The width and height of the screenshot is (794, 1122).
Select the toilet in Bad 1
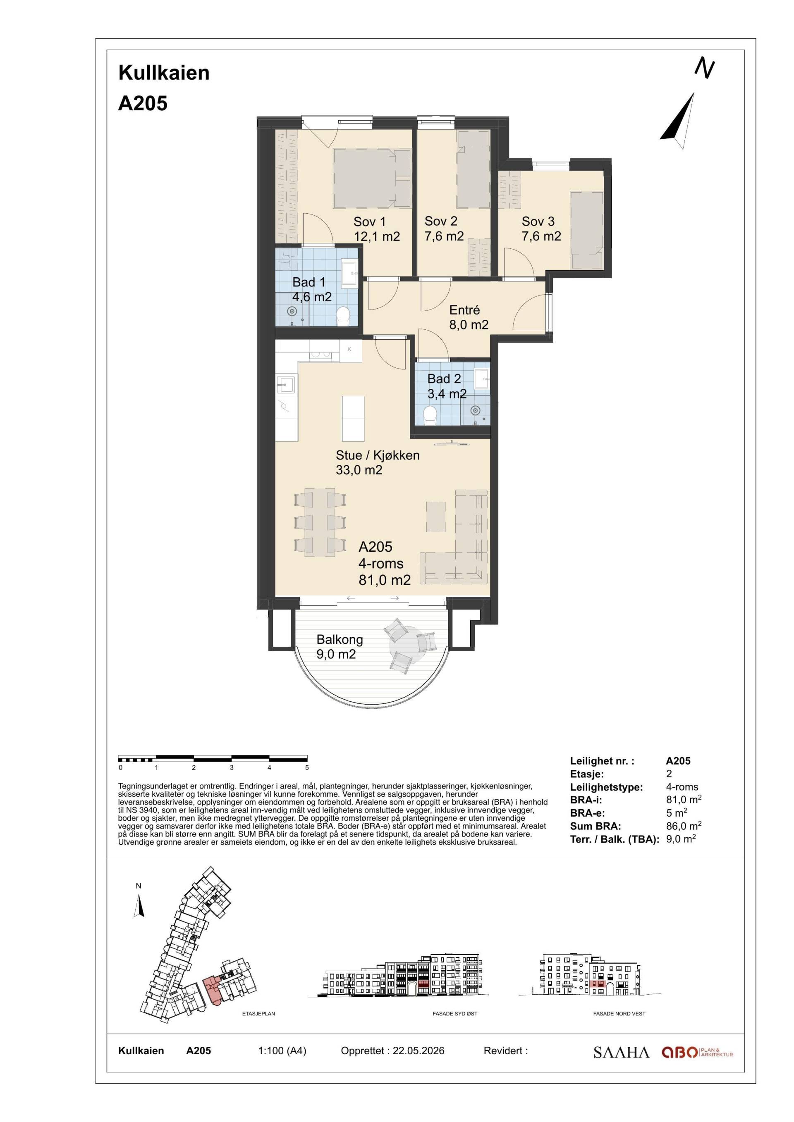343,316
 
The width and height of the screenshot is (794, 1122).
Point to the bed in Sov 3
587,229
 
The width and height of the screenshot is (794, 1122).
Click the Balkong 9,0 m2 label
339,646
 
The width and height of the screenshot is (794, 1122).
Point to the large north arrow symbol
679,121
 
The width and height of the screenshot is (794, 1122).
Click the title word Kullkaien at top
164,73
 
